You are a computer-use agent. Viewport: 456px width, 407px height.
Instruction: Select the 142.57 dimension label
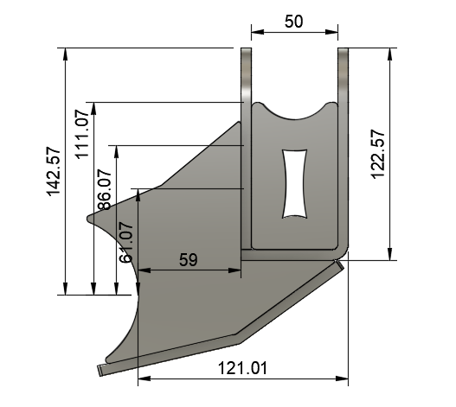[x=54, y=171]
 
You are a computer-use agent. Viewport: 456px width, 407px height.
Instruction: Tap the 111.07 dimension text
[x=82, y=130]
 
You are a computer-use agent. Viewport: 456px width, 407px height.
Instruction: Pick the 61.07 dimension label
[x=126, y=243]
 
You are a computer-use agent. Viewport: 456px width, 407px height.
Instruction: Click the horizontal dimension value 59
[x=188, y=258]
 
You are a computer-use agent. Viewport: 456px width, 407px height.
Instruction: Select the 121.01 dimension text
[x=242, y=368]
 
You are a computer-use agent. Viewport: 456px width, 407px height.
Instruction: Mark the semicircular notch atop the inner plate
[x=295, y=111]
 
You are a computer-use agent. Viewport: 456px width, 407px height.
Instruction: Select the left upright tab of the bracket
[x=247, y=78]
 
